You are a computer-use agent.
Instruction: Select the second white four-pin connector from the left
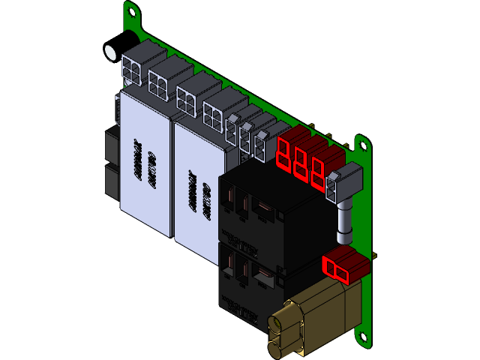[159, 84]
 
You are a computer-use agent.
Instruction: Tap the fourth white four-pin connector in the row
[213, 112]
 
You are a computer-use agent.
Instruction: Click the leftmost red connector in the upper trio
[285, 152]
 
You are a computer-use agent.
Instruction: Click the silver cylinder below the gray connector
[345, 223]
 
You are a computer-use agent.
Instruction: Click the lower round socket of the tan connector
[277, 343]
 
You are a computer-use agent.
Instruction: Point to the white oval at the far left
[111, 53]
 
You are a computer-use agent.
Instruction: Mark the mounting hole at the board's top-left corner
[132, 11]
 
